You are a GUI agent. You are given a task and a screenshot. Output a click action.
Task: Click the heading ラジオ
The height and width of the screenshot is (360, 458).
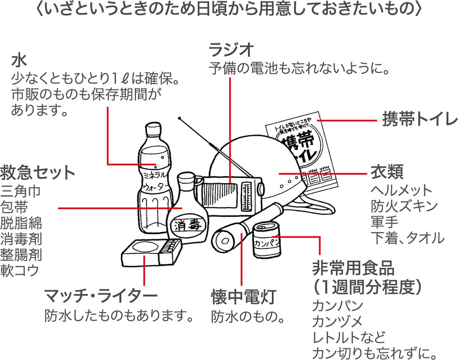click(232, 50)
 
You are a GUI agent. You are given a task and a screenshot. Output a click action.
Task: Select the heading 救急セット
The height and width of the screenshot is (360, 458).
click(38, 172)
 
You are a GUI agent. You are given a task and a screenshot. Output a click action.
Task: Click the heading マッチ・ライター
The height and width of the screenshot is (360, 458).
click(101, 296)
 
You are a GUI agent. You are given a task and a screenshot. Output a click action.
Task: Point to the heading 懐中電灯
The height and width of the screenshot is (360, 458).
click(243, 298)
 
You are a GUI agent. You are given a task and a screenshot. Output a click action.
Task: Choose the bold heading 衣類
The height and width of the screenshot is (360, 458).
click(387, 172)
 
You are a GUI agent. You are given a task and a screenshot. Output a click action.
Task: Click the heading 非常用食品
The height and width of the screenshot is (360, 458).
click(354, 268)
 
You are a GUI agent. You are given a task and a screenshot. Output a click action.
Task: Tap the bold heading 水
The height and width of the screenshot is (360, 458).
click(19, 60)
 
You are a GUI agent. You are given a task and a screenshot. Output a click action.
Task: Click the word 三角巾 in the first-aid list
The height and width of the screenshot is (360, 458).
click(21, 191)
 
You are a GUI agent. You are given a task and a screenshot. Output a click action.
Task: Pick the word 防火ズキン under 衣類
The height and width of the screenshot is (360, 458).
click(404, 206)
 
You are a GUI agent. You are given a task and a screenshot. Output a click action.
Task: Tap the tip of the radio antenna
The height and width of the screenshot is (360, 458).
click(179, 118)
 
